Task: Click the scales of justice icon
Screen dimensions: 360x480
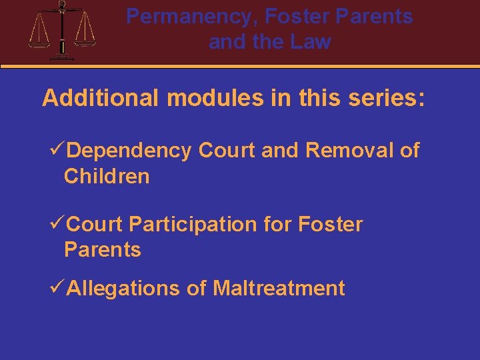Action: (62, 31)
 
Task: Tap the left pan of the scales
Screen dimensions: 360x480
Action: (39, 40)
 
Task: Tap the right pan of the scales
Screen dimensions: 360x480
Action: (85, 39)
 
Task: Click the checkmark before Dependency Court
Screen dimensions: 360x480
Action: (58, 151)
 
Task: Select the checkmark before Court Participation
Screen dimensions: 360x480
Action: (58, 224)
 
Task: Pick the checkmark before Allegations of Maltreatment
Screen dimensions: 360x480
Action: (58, 288)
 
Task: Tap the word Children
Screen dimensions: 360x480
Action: (107, 177)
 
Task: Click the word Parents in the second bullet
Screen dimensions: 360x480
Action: (103, 250)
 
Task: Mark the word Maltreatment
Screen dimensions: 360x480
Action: (279, 289)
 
